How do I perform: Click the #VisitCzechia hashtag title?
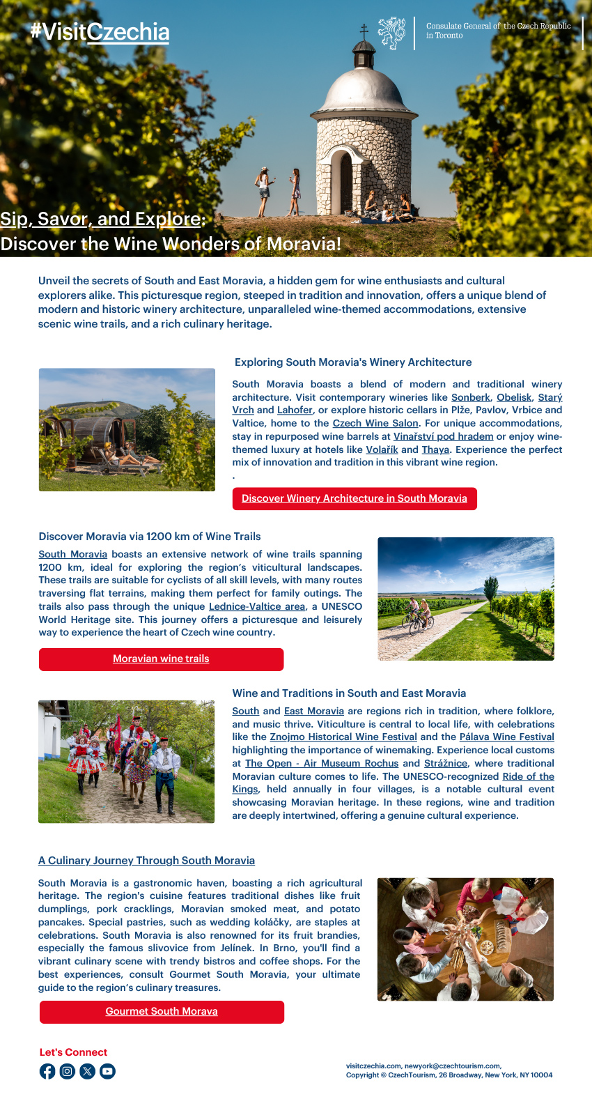(x=100, y=32)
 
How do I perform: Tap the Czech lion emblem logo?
(x=392, y=33)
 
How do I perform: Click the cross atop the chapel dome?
(x=364, y=31)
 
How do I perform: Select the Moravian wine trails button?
(x=161, y=659)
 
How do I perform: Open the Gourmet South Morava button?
(x=162, y=1012)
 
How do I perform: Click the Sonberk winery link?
(x=471, y=397)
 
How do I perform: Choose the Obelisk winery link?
(x=514, y=397)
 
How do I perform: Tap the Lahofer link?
(x=295, y=410)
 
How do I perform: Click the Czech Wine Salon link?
(x=375, y=424)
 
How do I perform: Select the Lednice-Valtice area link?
(x=257, y=607)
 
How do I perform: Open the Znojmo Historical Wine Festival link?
(x=343, y=737)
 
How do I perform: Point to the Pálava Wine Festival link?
(x=507, y=737)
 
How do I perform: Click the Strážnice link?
(x=446, y=764)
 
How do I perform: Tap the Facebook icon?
(x=47, y=1071)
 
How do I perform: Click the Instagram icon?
(x=67, y=1071)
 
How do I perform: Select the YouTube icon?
(x=107, y=1071)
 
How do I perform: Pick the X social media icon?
(x=87, y=1071)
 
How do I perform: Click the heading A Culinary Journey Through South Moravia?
(x=146, y=861)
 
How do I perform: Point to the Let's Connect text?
(x=73, y=1052)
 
